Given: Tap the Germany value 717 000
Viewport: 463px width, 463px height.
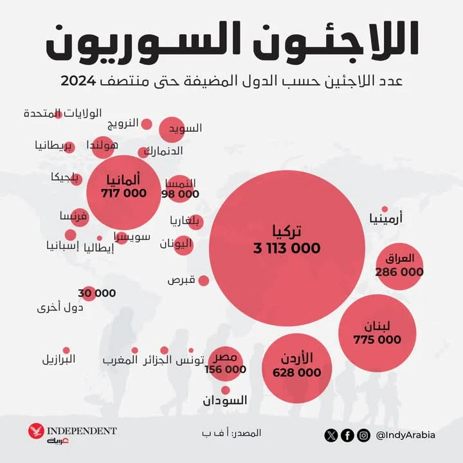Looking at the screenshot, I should click(x=123, y=193).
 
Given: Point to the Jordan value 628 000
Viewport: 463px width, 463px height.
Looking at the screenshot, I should click(x=296, y=372).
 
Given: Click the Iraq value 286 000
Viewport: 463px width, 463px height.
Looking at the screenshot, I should click(x=399, y=272).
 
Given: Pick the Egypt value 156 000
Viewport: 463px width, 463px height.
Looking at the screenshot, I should click(x=225, y=369).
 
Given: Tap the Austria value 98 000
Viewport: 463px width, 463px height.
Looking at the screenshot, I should click(x=181, y=194).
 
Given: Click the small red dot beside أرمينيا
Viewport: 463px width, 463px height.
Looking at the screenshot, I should click(x=385, y=209).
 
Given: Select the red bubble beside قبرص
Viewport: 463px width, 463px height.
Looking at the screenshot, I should click(x=203, y=280).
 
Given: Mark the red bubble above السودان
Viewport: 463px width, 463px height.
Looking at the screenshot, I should click(x=225, y=390).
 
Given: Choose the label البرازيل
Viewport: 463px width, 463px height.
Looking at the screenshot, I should click(x=59, y=358).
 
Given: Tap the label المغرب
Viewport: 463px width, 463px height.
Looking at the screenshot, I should click(x=120, y=360).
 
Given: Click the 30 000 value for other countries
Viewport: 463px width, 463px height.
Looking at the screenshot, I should click(x=96, y=293).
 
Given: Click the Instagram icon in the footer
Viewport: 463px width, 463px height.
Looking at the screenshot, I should click(x=363, y=435).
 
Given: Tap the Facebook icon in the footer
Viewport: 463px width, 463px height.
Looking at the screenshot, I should click(x=347, y=435).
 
